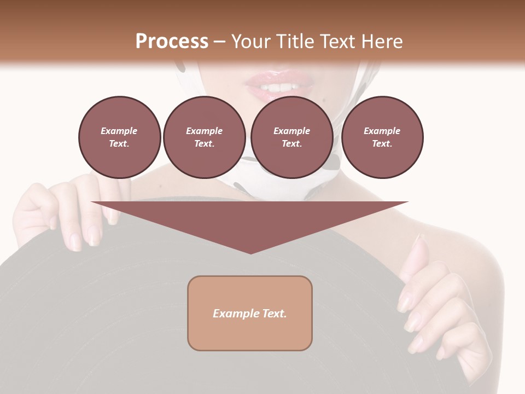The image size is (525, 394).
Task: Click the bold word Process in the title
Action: point(172,42)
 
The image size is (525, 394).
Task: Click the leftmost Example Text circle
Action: point(119,137)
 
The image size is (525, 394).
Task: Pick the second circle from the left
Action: point(204,137)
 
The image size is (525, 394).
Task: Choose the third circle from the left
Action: point(291,137)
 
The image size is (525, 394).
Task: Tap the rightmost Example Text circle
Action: point(382,137)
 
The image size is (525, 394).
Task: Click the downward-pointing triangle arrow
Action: point(250,222)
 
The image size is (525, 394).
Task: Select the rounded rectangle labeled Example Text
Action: point(250,313)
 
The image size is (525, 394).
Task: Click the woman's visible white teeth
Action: point(279,88)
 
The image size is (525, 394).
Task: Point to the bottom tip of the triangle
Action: point(250,252)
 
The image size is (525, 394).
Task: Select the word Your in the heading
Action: point(251,42)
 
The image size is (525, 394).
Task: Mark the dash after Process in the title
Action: point(219,42)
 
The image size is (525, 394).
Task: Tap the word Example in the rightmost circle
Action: point(382,131)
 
